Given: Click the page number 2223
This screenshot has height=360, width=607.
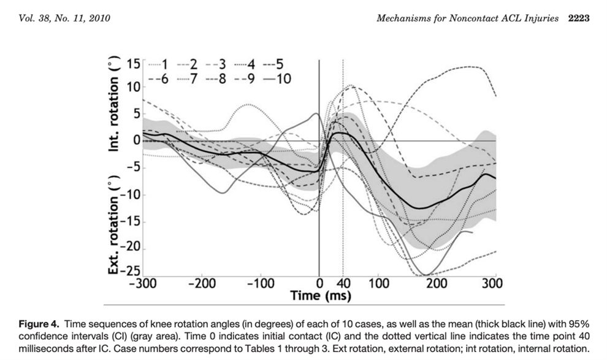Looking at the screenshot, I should point(578,18).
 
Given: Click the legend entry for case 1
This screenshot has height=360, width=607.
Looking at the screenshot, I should point(159,64).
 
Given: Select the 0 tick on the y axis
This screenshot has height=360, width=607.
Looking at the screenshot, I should point(136,140).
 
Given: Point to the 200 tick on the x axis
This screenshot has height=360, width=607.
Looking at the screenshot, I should point(436,283).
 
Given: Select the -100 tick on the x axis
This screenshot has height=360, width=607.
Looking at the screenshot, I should point(261,283).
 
